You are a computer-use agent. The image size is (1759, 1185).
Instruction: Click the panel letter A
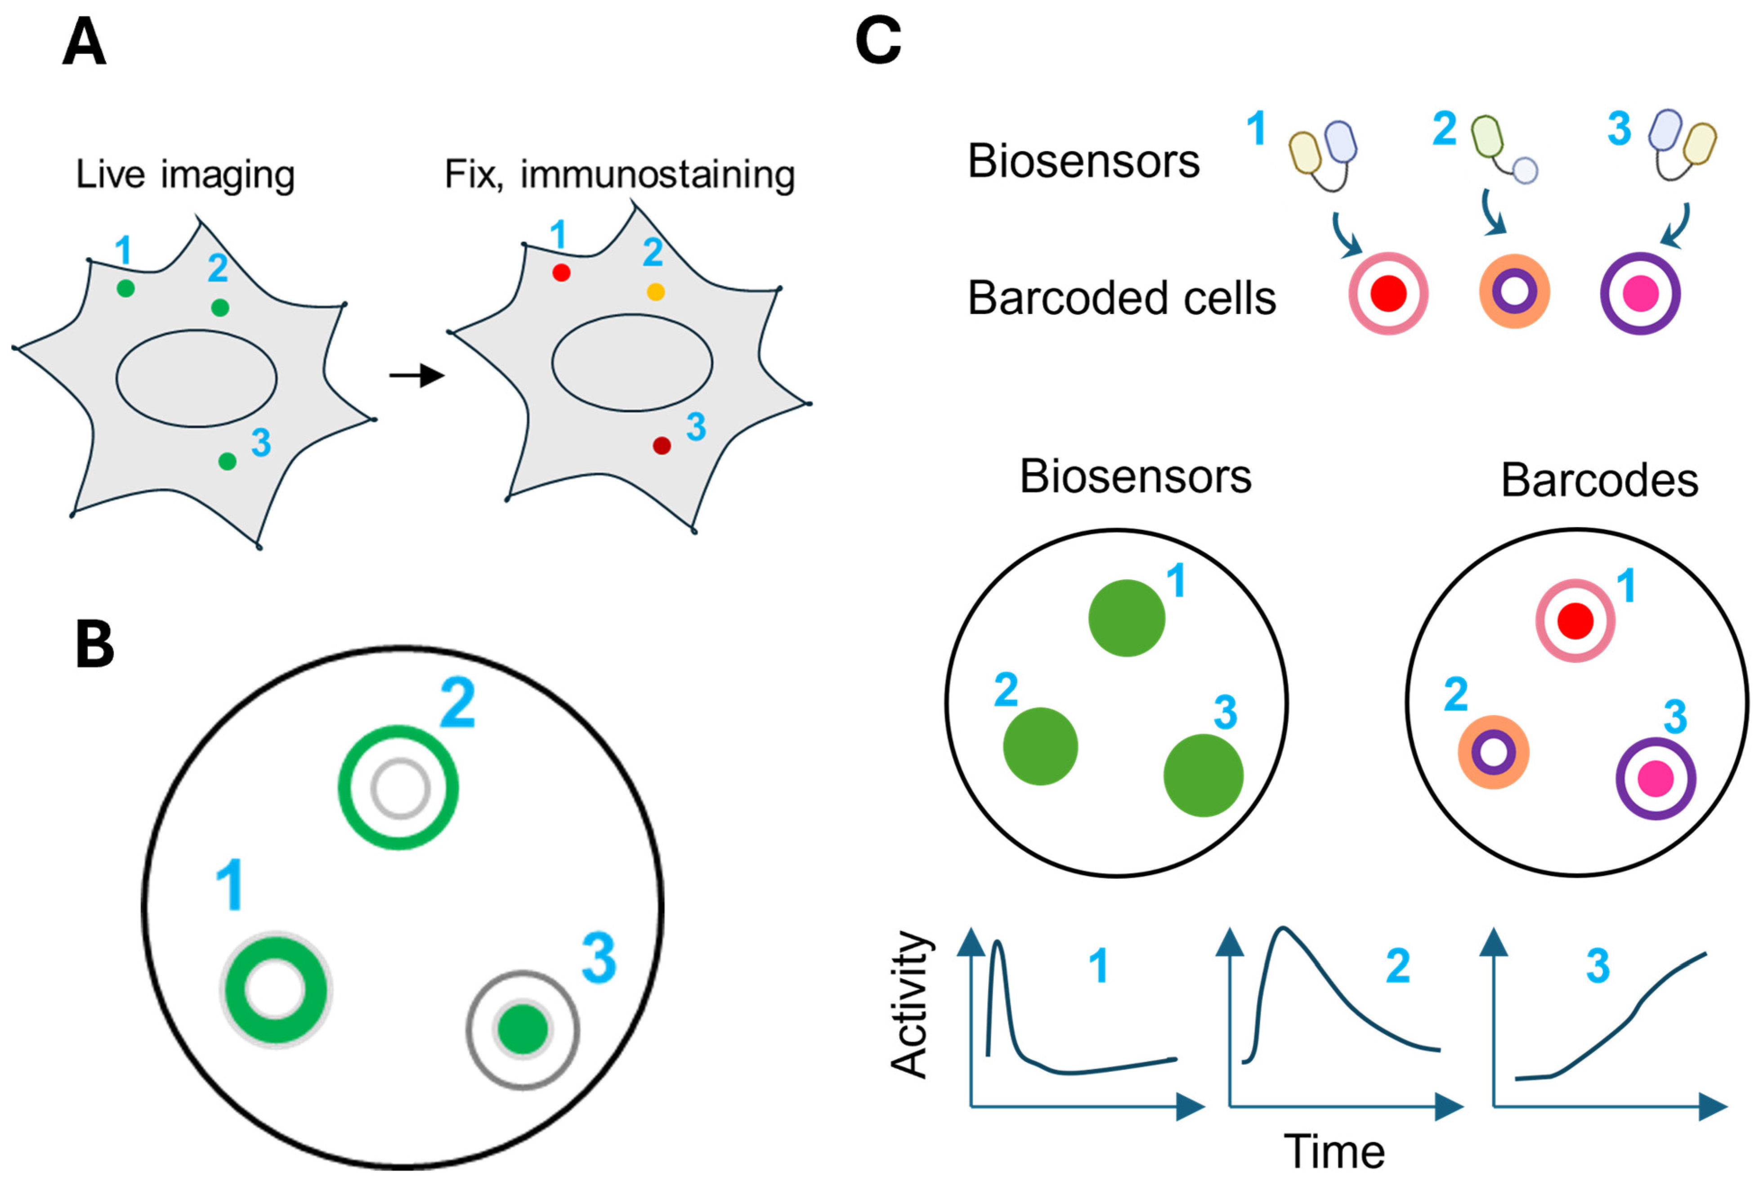[x=83, y=43]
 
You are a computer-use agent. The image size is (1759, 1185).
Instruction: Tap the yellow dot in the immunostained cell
[x=655, y=292]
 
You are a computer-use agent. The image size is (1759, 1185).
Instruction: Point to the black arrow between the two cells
[x=416, y=375]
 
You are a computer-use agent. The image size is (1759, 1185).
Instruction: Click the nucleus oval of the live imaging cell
[x=197, y=378]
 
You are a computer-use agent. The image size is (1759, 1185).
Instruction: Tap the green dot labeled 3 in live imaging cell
[x=227, y=461]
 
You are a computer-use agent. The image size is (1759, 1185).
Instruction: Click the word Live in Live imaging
[x=110, y=174]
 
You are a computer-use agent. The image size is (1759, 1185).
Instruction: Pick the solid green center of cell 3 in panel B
[x=523, y=1029]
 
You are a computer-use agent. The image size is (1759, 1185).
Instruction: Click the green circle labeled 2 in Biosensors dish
[x=1040, y=746]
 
